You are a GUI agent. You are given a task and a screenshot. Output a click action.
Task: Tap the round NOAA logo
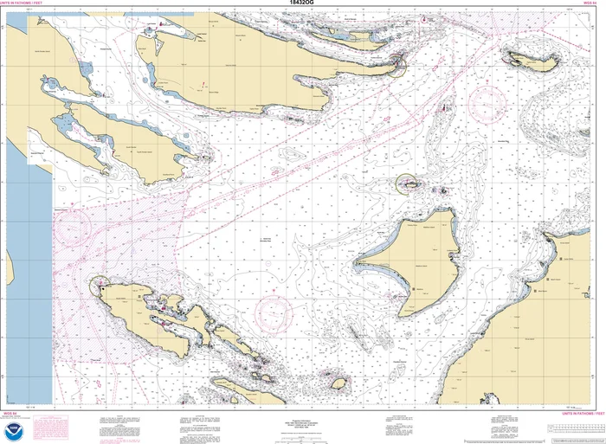click(13, 428)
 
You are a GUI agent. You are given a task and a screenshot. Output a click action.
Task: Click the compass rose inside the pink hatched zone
click(73, 228)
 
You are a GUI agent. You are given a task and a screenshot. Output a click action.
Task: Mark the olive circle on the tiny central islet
click(407, 183)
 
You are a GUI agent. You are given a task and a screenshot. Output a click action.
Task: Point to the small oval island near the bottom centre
click(340, 383)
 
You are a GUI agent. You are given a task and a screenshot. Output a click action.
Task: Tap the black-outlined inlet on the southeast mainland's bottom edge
click(490, 400)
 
